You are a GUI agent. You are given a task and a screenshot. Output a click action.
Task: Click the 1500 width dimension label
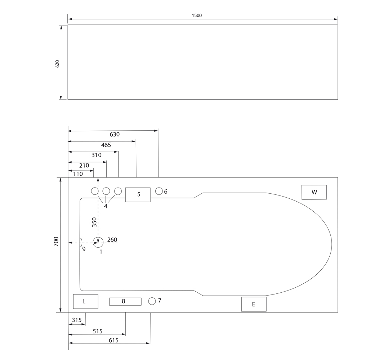pos(197,15)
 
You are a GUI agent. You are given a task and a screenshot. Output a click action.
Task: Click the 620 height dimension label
pos(57,64)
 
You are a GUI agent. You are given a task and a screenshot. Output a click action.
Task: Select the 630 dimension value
pos(115,134)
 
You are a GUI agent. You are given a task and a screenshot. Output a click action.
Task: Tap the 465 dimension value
pos(106,145)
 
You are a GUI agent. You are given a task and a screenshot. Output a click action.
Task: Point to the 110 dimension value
pos(78,174)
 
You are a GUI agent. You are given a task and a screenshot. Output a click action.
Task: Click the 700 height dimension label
pos(56,241)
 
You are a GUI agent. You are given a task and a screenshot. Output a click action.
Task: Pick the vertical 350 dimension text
pos(94,222)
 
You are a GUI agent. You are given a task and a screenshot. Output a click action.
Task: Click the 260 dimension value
pos(112,240)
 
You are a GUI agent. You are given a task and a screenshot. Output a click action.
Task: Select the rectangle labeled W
pos(314,192)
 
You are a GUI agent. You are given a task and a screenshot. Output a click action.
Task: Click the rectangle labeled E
pos(254,304)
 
